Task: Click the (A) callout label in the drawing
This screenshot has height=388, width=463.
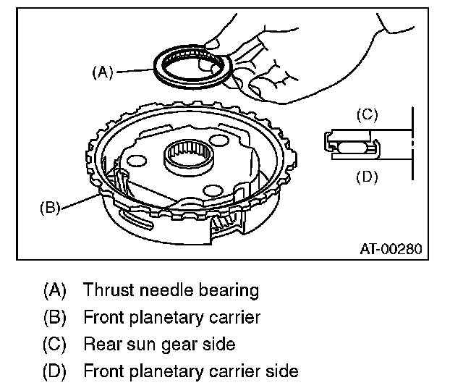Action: point(103,72)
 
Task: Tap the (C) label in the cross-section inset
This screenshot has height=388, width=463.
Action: point(368,114)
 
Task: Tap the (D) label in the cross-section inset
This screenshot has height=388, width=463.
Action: point(368,176)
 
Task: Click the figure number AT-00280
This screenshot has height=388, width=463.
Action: point(390,249)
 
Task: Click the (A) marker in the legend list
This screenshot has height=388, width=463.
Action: point(55,291)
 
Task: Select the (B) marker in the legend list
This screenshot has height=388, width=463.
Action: point(55,318)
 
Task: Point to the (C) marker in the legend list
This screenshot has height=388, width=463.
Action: point(55,345)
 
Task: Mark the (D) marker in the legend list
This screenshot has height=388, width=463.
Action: point(55,372)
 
